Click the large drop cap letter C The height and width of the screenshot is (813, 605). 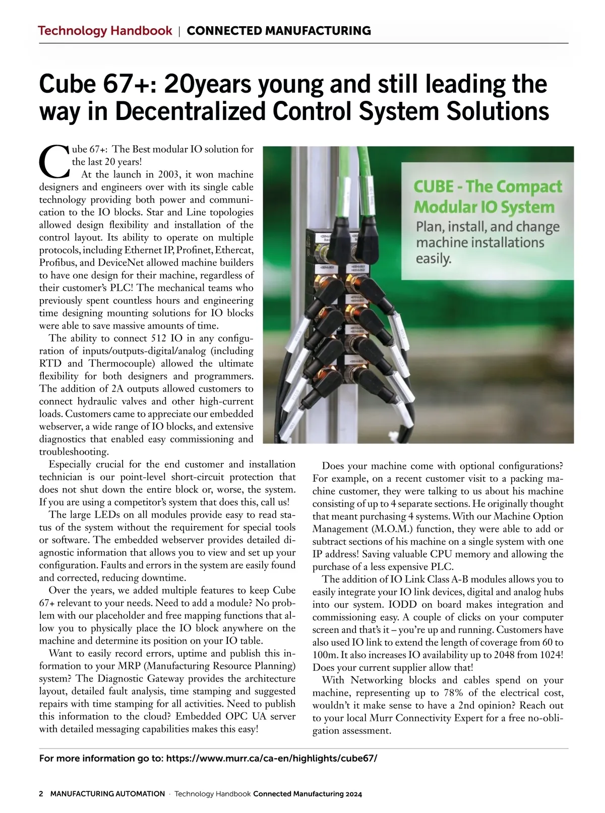(x=54, y=161)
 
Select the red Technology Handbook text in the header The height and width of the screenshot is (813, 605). (x=105, y=31)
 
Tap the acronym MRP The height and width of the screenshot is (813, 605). (x=129, y=666)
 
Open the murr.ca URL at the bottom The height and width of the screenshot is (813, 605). (x=271, y=759)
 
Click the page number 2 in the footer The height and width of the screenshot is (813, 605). (x=41, y=794)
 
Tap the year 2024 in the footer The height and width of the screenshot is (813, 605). (x=353, y=794)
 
